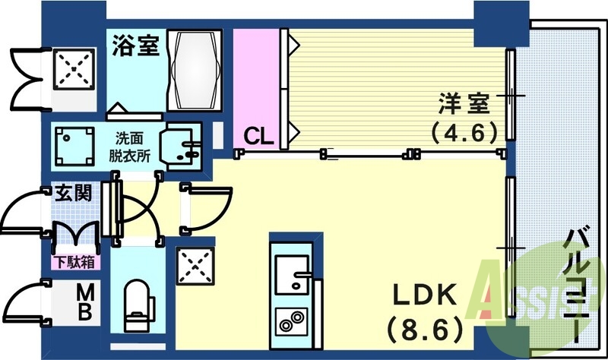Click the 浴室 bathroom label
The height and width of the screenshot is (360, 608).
pos(136,45)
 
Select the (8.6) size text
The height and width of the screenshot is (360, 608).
pos(424,329)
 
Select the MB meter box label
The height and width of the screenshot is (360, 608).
pos(85,302)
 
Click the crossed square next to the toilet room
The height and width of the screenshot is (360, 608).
pos(194,267)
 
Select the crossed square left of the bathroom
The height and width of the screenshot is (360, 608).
pos(74,70)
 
